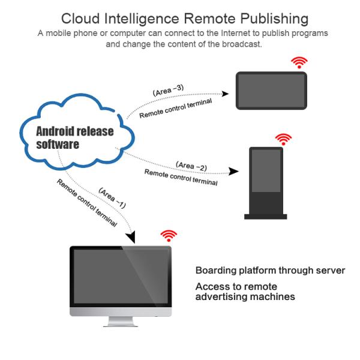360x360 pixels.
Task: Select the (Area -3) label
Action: [x=168, y=91]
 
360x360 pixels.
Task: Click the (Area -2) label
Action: [x=191, y=166]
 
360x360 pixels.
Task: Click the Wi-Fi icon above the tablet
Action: [x=299, y=62]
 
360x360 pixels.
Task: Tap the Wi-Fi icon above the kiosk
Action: [x=283, y=139]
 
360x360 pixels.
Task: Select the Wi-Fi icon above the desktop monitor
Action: [x=169, y=235]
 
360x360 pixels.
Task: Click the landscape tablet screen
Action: [x=271, y=91]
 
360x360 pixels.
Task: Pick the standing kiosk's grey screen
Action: [x=266, y=170]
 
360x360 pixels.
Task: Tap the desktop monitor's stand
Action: [x=121, y=322]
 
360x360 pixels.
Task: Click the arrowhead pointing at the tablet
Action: [x=226, y=94]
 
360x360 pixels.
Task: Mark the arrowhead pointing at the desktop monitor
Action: [x=131, y=238]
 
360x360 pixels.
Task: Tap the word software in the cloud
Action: [x=58, y=145]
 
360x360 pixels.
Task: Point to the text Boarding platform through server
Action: [x=270, y=271]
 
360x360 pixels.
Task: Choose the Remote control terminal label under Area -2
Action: [x=181, y=177]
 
